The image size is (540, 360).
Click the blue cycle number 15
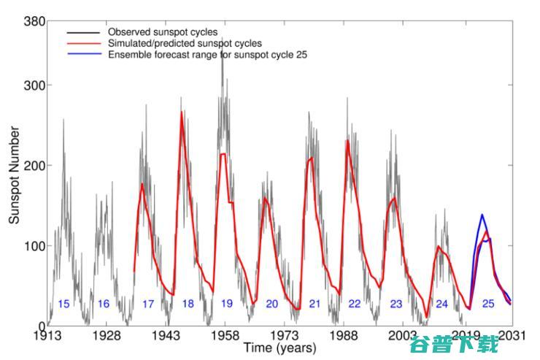pyautogui.click(x=63, y=304)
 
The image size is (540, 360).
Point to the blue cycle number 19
pyautogui.click(x=227, y=304)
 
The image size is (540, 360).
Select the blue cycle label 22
pyautogui.click(x=355, y=304)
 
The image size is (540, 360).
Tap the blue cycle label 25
pyautogui.click(x=488, y=304)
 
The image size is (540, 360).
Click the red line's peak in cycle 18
pyautogui.click(x=182, y=112)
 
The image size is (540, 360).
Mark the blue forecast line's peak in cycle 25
pyautogui.click(x=482, y=215)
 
